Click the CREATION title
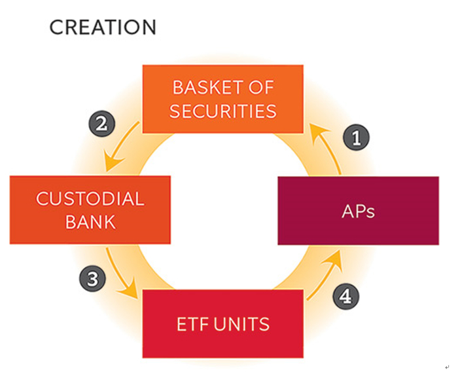(x=103, y=28)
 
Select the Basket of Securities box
(x=223, y=99)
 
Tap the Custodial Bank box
(x=90, y=210)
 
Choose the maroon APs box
(x=358, y=211)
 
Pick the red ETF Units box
(x=223, y=324)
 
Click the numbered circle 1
(x=356, y=138)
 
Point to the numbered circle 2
(x=102, y=124)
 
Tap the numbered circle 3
(x=93, y=278)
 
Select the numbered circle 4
(x=346, y=297)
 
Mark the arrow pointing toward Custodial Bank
(x=120, y=146)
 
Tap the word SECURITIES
(x=223, y=111)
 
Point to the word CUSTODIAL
(x=90, y=198)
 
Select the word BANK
(x=90, y=222)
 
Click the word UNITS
(x=241, y=324)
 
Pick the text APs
(x=358, y=211)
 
